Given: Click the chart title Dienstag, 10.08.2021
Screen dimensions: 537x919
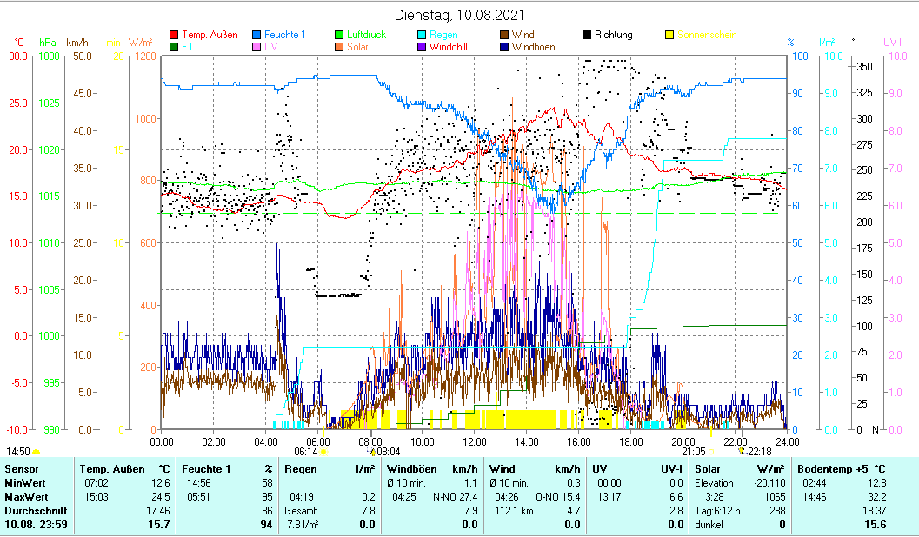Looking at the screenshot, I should (x=459, y=16).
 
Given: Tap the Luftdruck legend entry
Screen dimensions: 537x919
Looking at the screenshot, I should (x=366, y=35).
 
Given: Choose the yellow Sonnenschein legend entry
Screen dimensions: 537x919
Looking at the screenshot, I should (x=707, y=35).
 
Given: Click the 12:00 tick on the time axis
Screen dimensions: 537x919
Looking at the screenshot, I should (x=475, y=441).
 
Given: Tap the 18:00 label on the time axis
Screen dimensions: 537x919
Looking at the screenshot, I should (x=631, y=441).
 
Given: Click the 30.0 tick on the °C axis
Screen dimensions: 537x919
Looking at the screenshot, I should (x=18, y=56).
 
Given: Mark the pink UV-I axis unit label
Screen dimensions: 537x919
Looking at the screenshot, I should (x=893, y=42).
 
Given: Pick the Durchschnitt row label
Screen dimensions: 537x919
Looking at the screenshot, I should (x=34, y=511).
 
